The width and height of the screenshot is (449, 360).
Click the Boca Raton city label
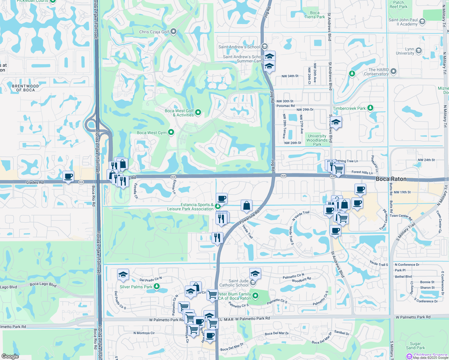[x=391, y=179]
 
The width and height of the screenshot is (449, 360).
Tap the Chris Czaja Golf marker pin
[x=173, y=31]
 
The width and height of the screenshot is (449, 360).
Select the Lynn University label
[x=405, y=51]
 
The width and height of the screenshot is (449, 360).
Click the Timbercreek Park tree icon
[x=370, y=108]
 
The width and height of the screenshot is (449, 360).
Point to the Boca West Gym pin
[x=171, y=132]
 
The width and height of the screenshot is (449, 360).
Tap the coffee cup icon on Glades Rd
[x=68, y=176]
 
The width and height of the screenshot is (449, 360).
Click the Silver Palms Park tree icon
[x=157, y=286]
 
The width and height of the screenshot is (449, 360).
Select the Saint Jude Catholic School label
[x=234, y=283]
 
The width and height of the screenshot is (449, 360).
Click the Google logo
[x=10, y=356]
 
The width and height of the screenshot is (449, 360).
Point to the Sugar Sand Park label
[x=415, y=346]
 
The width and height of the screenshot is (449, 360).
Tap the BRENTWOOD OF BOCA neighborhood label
[x=26, y=88]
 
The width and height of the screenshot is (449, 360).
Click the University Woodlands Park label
[x=317, y=140]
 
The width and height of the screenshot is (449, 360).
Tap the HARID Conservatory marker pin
[x=394, y=72]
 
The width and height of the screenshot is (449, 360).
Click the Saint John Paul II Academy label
[x=403, y=22]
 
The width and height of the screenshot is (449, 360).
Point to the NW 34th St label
[x=290, y=76]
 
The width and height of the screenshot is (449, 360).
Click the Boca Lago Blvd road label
[x=43, y=284]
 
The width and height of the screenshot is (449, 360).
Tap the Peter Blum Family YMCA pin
[x=255, y=296]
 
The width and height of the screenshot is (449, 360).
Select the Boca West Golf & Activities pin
[x=198, y=112]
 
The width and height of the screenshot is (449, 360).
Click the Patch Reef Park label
[x=399, y=4]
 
